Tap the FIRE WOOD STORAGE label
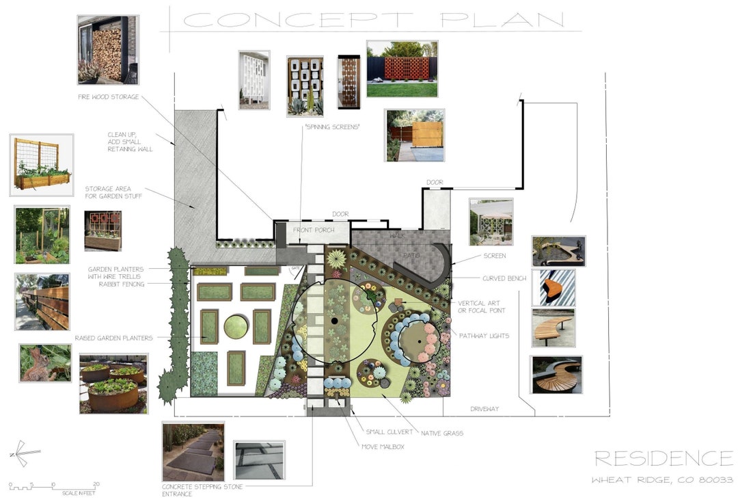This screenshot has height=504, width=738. (108, 97)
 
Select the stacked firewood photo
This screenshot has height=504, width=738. (108, 50)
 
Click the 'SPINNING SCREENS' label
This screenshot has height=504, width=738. (332, 127)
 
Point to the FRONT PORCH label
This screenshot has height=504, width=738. (312, 230)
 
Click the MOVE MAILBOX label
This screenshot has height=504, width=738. (383, 446)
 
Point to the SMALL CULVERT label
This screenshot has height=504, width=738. (389, 432)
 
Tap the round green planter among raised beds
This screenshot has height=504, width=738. (236, 326)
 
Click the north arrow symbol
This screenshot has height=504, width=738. (24, 453)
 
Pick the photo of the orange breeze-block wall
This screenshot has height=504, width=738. (402, 68)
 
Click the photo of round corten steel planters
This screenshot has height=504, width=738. (113, 383)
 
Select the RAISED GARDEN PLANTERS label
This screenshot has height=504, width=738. (113, 338)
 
